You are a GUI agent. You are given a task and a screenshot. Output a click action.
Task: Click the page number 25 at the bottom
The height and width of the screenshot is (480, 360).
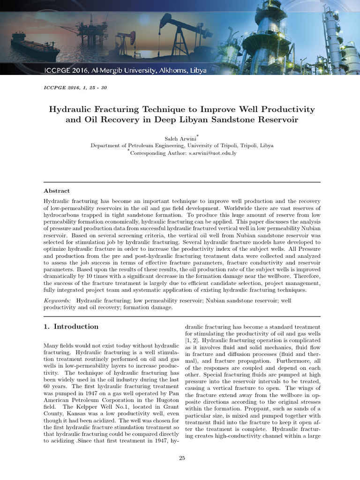pos(182,458)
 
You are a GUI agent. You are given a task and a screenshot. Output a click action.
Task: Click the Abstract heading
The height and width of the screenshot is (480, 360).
pos(57,191)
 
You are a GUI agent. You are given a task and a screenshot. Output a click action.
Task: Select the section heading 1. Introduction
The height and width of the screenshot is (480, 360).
pos(71,326)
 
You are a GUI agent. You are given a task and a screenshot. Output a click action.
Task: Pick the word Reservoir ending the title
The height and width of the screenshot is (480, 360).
pos(277,120)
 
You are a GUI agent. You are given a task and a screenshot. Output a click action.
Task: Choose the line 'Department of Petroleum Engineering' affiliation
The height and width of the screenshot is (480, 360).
pos(182,146)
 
